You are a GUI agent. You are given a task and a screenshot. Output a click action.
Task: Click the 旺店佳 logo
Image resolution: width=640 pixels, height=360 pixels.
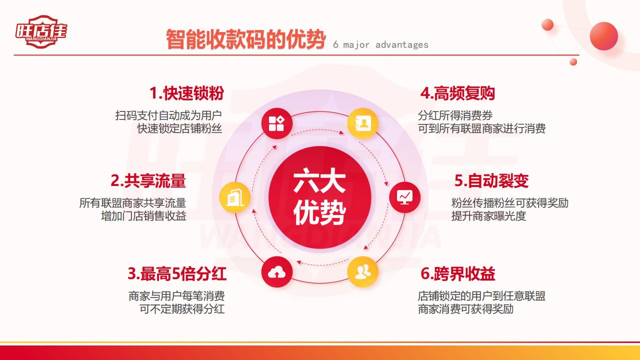41,31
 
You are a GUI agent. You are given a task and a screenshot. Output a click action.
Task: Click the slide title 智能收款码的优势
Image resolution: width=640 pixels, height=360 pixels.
246,39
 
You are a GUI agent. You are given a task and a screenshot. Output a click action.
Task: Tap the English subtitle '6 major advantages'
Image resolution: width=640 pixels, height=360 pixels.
380,45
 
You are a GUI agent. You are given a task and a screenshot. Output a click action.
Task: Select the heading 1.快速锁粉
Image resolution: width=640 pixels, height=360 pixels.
186,93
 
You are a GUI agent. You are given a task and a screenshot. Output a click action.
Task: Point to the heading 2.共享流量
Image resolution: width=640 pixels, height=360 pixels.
148,180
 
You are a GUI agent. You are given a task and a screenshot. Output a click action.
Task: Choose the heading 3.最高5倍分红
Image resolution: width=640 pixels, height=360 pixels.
177,273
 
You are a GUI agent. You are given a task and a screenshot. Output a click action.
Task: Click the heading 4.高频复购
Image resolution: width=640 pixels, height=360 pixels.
457,93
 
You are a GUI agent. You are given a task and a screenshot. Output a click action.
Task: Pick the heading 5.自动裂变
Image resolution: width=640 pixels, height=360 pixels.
491,180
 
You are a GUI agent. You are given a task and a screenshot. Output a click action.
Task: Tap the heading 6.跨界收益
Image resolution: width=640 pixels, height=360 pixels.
457,273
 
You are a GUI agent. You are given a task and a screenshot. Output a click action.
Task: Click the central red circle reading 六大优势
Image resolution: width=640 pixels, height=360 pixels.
319,197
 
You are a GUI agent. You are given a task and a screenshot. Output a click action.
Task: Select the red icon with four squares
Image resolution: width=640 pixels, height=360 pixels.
276,123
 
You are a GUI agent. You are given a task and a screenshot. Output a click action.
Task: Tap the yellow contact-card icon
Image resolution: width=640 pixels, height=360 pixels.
363,123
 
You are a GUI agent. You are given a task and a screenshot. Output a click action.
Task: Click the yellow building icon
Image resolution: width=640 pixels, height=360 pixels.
235,197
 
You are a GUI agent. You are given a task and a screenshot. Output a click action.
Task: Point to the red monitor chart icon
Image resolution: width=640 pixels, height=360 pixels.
404,197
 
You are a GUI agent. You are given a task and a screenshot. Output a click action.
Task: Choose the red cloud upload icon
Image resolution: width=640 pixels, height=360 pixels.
276,271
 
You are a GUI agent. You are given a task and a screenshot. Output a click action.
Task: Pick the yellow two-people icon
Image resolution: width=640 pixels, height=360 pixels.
363,271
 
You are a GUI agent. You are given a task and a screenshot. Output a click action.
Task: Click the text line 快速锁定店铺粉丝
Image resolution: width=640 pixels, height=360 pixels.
179,128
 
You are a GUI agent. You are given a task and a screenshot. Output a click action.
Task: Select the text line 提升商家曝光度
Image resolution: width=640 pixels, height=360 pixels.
488,216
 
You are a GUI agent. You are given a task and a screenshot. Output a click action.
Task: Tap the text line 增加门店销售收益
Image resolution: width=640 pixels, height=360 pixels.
143,216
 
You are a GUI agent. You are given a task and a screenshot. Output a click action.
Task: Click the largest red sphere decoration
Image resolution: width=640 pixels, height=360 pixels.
603,36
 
